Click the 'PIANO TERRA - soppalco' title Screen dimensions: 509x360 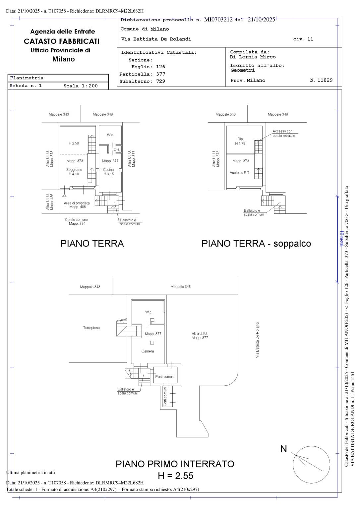(x=256, y=244)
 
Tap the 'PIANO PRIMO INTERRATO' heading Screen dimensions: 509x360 (x=175, y=464)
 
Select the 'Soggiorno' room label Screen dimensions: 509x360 (x=74, y=170)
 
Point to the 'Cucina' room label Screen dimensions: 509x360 (x=108, y=170)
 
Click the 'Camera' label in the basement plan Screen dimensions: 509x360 (x=148, y=351)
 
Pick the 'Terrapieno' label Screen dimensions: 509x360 (x=91, y=328)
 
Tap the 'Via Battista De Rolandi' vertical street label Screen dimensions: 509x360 (x=258, y=339)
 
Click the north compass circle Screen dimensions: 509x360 (x=311, y=464)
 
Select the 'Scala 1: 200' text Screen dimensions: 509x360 (x=81, y=86)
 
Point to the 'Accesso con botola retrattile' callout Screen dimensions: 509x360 (x=283, y=134)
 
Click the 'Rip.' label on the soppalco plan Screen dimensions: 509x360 (x=240, y=139)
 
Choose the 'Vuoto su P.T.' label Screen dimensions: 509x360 (x=240, y=173)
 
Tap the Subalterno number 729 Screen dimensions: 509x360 (x=160, y=81)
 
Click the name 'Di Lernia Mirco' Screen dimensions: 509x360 (x=253, y=57)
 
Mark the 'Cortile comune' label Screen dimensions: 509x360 (x=76, y=220)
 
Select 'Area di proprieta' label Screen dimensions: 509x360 (x=77, y=203)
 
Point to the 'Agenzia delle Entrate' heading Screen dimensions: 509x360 (x=63, y=31)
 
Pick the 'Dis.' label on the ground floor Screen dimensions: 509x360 (x=117, y=149)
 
